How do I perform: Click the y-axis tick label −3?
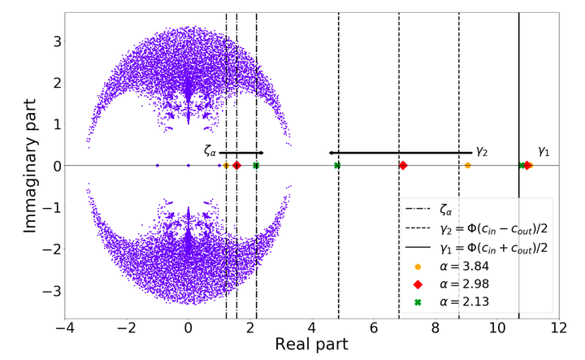[x=42, y=291]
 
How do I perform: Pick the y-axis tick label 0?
[x=46, y=166]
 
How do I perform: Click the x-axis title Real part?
[x=312, y=345]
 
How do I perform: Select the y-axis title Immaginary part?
[x=29, y=166]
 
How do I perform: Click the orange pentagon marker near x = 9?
[x=467, y=166]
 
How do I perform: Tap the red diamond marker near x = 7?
[x=403, y=166]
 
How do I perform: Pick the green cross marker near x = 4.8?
[x=337, y=166]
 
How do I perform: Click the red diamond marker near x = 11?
[x=527, y=166]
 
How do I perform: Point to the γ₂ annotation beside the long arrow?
[x=482, y=151]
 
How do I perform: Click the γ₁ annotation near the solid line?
[x=544, y=151]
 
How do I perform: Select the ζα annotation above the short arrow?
[x=210, y=150]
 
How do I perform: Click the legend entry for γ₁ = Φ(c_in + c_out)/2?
[x=496, y=248]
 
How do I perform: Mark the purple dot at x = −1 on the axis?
[x=157, y=166]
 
